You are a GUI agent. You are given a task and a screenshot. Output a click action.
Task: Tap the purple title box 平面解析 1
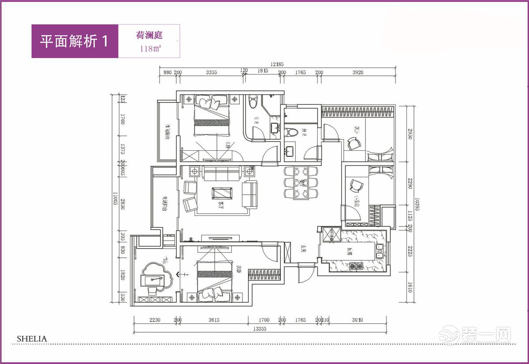pyautogui.click(x=74, y=41)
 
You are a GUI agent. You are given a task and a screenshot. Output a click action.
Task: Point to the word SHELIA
pyautogui.click(x=32, y=338)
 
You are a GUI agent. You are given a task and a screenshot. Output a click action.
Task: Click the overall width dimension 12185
pyautogui.click(x=277, y=64)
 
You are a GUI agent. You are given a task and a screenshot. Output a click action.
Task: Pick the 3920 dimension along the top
pyautogui.click(x=358, y=73)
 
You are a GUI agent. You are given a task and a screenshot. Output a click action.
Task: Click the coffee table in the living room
pyautogui.click(x=222, y=193)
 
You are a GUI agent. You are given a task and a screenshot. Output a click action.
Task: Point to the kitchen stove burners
pyautogui.click(x=356, y=266)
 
